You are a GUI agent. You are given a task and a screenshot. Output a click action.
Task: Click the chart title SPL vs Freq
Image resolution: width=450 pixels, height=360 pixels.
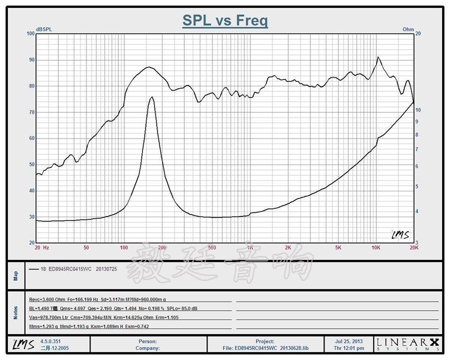pos(225,21)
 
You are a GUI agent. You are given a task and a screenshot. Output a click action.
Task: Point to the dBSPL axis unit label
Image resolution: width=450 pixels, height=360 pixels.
pos(44,29)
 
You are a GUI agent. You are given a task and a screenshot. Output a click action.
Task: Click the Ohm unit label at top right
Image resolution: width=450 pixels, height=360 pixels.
pos(408,29)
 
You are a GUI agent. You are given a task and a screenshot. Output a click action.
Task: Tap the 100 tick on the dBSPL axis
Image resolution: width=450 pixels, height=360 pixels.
pos(31,34)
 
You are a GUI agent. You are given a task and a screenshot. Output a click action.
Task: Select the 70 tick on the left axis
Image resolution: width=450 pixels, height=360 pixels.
pos(32,112)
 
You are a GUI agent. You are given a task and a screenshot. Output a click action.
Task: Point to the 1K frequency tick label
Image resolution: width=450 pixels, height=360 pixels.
pos(249,247)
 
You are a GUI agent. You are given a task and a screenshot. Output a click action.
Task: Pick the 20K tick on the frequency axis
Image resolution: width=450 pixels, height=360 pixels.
pos(413,247)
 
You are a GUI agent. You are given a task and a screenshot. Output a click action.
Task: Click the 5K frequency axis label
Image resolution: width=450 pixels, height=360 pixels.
pos(338,247)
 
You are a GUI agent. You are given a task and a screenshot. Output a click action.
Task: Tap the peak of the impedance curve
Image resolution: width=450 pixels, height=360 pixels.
pos(152,97)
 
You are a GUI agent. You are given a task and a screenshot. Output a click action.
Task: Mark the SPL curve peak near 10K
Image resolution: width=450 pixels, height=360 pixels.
pos(378,58)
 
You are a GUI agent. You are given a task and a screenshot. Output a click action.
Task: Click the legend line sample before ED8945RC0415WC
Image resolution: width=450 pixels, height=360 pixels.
pos(33,269)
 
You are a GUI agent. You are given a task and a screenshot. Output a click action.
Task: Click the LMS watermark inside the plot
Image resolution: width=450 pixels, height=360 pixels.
pos(400,235)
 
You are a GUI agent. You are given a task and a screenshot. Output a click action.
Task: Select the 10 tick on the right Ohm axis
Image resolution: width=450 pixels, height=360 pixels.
pos(418,110)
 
